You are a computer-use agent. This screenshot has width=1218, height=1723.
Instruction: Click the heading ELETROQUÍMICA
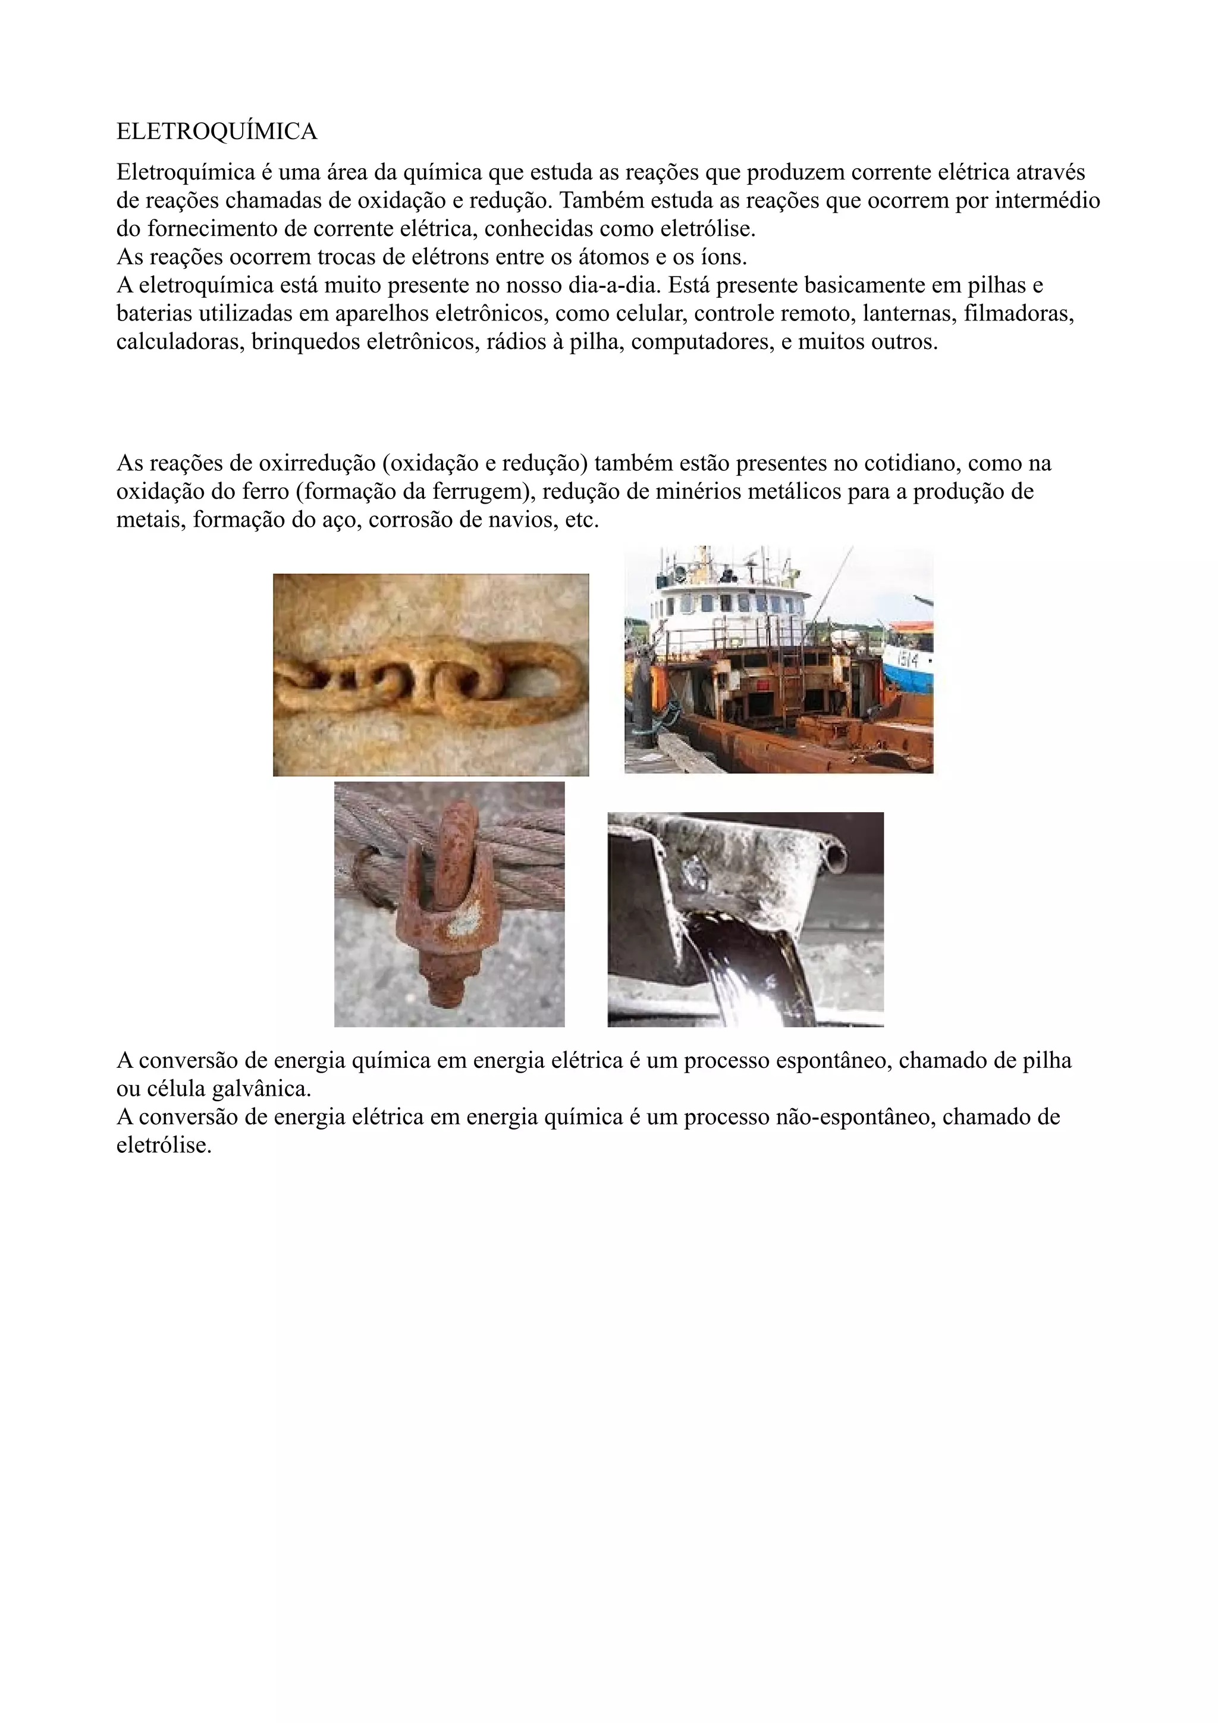(x=217, y=132)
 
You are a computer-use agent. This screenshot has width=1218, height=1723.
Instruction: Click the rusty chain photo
(x=430, y=675)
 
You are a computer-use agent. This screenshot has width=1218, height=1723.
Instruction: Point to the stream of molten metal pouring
(x=758, y=968)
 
